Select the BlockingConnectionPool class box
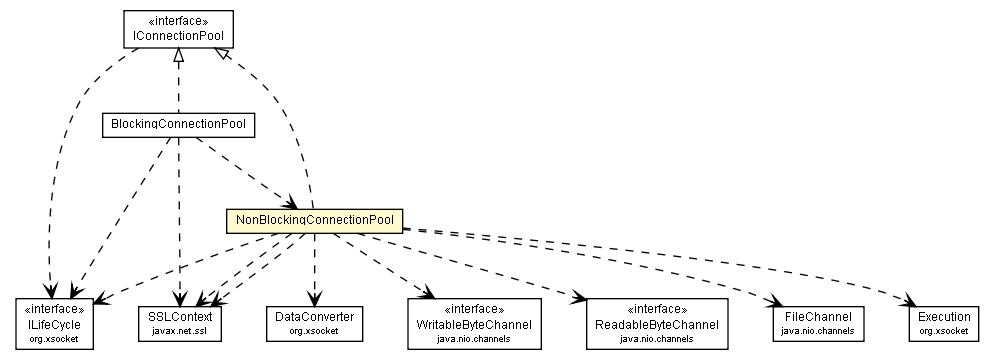tap(178, 125)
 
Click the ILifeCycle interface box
tap(54, 323)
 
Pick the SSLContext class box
tap(181, 323)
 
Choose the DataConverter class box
tap(314, 323)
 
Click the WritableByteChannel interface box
tap(474, 323)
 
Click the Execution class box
tap(942, 323)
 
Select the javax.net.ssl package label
tap(181, 331)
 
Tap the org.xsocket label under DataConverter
tap(314, 331)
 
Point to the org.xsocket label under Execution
tap(942, 331)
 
